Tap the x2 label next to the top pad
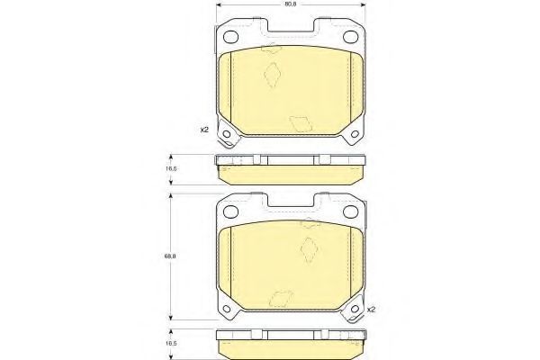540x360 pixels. [x=204, y=130]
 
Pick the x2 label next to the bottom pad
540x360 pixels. [x=371, y=310]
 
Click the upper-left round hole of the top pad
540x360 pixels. [x=230, y=37]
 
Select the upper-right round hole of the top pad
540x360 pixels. [x=351, y=37]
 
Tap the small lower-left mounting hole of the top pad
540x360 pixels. [x=226, y=134]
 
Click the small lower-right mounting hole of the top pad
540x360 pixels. [x=355, y=134]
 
